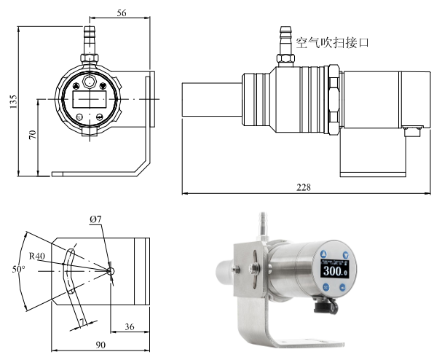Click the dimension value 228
(304, 187)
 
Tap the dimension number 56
(122, 13)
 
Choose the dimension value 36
(130, 327)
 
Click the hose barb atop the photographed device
(263, 222)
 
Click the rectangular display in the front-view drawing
(88, 97)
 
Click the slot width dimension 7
(83, 321)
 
